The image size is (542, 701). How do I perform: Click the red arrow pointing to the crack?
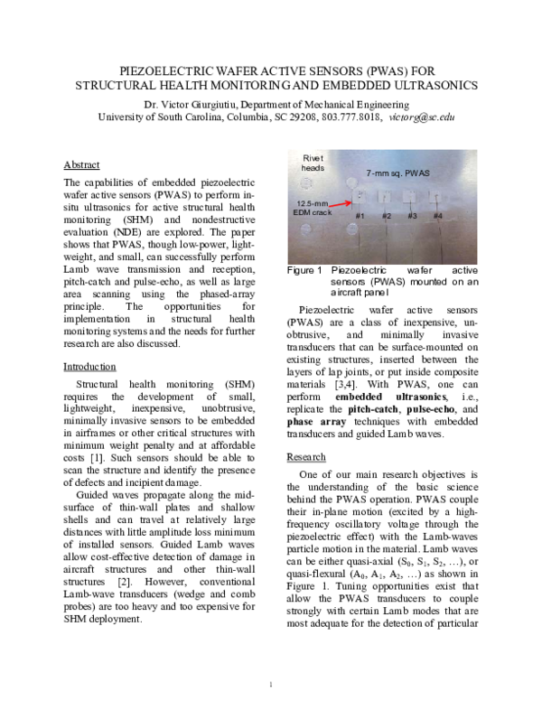tap(345, 205)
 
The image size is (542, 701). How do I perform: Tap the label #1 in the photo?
tap(359, 216)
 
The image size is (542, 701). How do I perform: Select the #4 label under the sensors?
tap(437, 216)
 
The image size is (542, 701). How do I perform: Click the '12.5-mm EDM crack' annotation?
tap(314, 208)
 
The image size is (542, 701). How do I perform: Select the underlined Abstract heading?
tap(81, 164)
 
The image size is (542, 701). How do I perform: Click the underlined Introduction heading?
tap(89, 367)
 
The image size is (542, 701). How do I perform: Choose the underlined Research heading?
tap(305, 457)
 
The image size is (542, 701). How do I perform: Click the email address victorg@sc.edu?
tap(421, 117)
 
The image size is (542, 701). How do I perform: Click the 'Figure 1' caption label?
tap(304, 270)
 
